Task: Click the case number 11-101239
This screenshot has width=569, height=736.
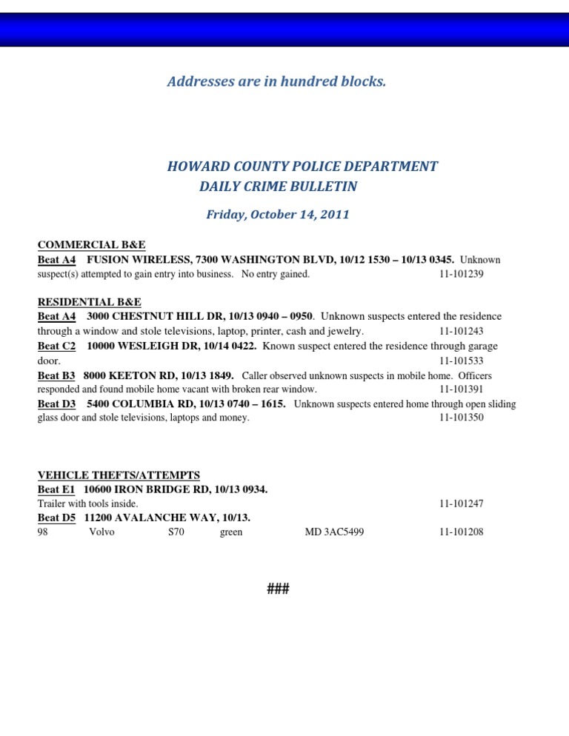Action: click(461, 274)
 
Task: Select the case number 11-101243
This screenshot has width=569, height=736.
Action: click(461, 332)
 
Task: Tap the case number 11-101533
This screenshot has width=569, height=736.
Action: click(461, 361)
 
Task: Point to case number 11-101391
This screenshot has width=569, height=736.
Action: click(461, 389)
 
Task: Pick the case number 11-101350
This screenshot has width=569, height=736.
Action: click(461, 418)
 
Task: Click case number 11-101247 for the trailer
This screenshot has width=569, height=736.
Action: click(461, 504)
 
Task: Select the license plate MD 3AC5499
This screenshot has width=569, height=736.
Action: click(334, 532)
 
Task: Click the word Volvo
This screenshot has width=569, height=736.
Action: click(102, 532)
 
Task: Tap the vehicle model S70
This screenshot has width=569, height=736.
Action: click(176, 532)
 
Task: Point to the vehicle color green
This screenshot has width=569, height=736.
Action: click(231, 532)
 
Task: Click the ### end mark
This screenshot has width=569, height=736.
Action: click(278, 589)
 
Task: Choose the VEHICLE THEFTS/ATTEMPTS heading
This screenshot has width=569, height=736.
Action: click(119, 475)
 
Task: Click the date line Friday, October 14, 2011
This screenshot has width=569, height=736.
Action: click(278, 215)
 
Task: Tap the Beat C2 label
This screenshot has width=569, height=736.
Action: click(56, 346)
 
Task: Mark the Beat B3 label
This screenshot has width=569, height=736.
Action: click(56, 375)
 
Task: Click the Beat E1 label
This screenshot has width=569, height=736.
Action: click(56, 489)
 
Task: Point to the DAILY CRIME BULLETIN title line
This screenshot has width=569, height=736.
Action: click(278, 187)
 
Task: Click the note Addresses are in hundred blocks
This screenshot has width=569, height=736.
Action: click(276, 81)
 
